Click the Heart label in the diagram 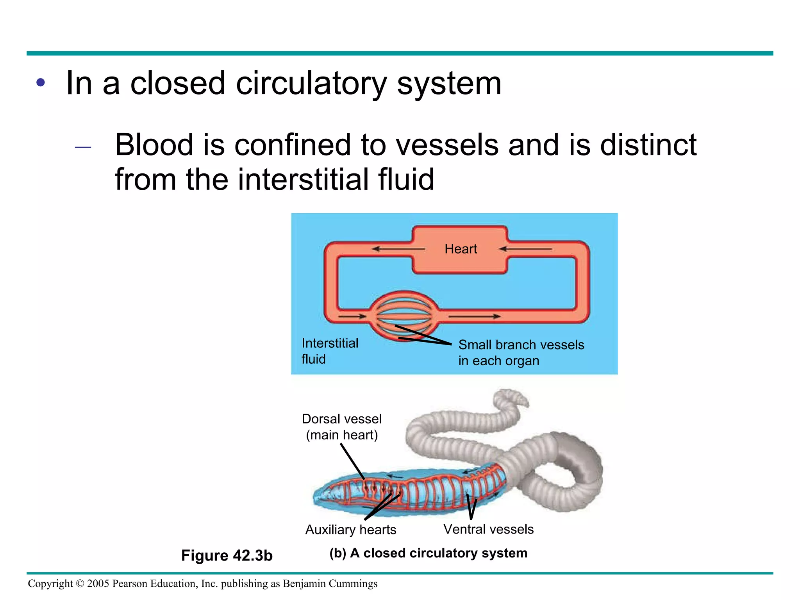pos(461,249)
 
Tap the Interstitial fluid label pos(330,351)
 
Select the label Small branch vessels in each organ pos(521,353)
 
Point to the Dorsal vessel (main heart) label pos(342,427)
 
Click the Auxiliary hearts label pos(350,530)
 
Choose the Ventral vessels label pos(488,529)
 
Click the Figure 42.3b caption pos(227,555)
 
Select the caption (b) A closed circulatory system pos(428,553)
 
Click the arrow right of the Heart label pos(525,249)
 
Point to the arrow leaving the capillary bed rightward pos(474,316)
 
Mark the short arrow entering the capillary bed pos(352,316)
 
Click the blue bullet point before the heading pos(41,83)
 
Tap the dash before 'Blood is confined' pos(83,147)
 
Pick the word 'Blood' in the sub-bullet pos(154,145)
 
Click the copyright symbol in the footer pos(80,584)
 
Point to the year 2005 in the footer pos(98,584)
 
